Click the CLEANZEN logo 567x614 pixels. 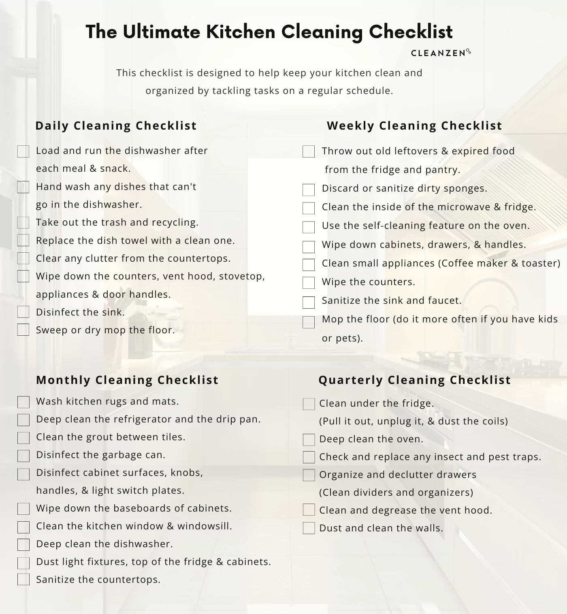(441, 53)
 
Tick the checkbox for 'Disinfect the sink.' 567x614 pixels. (23, 312)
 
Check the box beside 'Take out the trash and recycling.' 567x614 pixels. (23, 222)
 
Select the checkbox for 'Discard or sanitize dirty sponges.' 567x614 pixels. (309, 190)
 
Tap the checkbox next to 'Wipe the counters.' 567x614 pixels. (309, 282)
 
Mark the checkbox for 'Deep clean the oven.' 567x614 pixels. (309, 439)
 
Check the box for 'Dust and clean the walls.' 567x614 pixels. (309, 528)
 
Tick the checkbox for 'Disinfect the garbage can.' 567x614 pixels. (23, 456)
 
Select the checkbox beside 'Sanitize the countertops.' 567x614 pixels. (23, 579)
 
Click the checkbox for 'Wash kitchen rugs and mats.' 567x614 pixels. (23, 402)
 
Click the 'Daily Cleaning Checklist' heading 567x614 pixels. (116, 126)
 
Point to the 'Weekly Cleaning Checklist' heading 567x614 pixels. (414, 126)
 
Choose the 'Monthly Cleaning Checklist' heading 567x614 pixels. (127, 380)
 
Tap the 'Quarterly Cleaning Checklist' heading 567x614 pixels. (415, 380)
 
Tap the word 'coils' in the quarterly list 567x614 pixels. (494, 421)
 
